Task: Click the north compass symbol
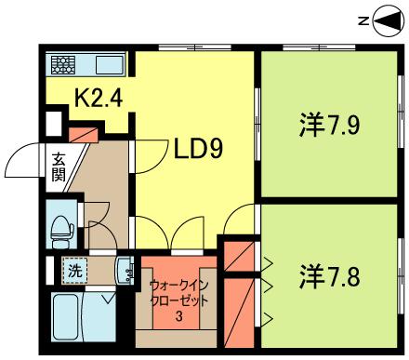click(x=389, y=21)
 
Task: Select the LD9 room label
click(x=199, y=149)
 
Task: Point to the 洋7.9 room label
click(x=329, y=125)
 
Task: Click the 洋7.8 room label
click(x=329, y=277)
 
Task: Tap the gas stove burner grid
click(x=63, y=65)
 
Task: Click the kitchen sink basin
click(x=110, y=65)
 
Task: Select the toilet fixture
click(x=62, y=231)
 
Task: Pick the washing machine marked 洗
click(x=75, y=271)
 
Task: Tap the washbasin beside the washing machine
click(x=125, y=271)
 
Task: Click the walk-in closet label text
click(x=178, y=293)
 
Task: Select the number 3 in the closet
click(x=178, y=316)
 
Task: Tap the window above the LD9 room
click(x=195, y=47)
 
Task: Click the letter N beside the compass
click(x=363, y=21)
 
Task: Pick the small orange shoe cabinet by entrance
click(x=83, y=134)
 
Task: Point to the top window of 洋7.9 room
click(x=319, y=47)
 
